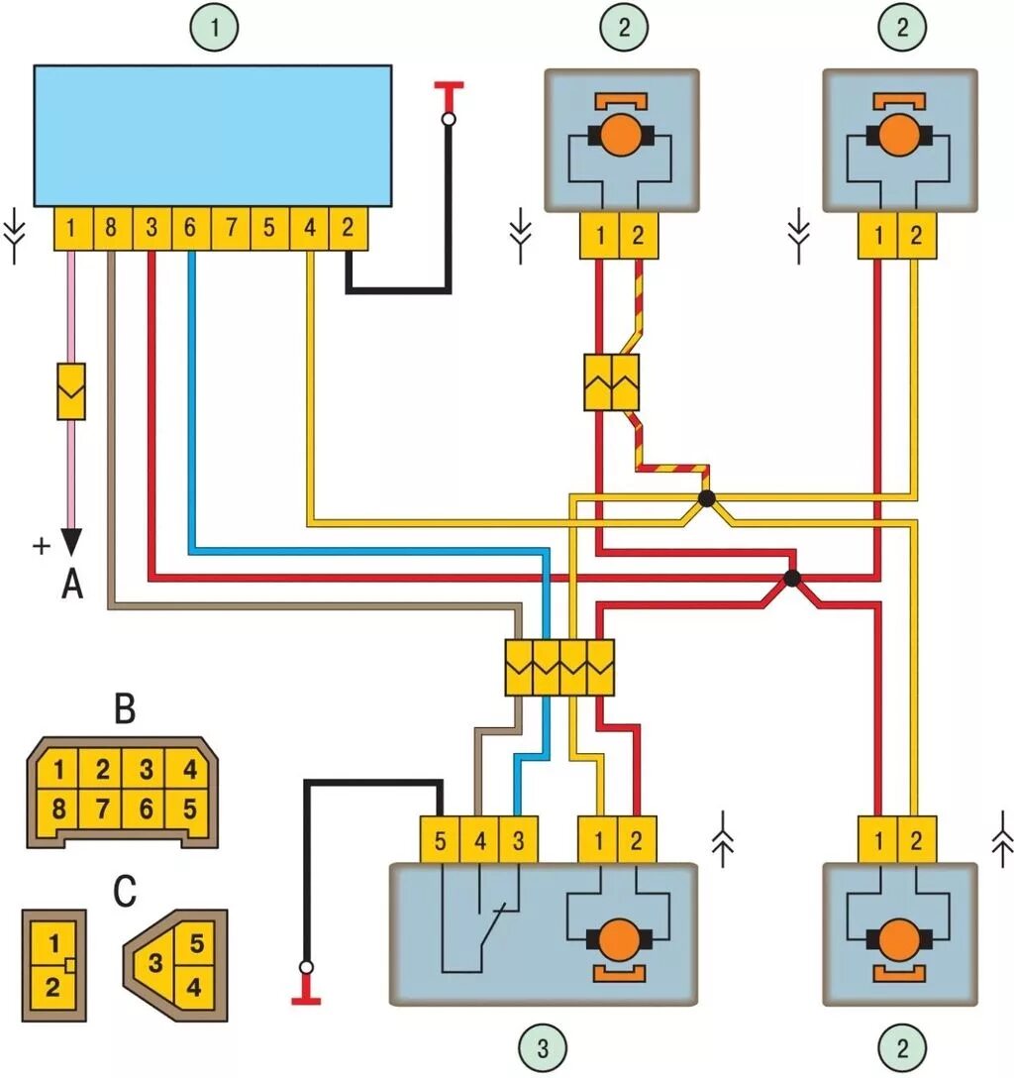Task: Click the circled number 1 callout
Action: [214, 30]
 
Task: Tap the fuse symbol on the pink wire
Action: [71, 391]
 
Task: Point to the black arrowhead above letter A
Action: [71, 541]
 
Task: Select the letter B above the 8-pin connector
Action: [125, 711]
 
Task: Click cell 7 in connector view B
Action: [103, 808]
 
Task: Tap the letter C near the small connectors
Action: [125, 892]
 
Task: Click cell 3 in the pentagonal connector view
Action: [155, 962]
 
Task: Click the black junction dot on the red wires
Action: [791, 578]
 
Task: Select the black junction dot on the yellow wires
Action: [706, 498]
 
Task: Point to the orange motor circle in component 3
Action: [620, 938]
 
